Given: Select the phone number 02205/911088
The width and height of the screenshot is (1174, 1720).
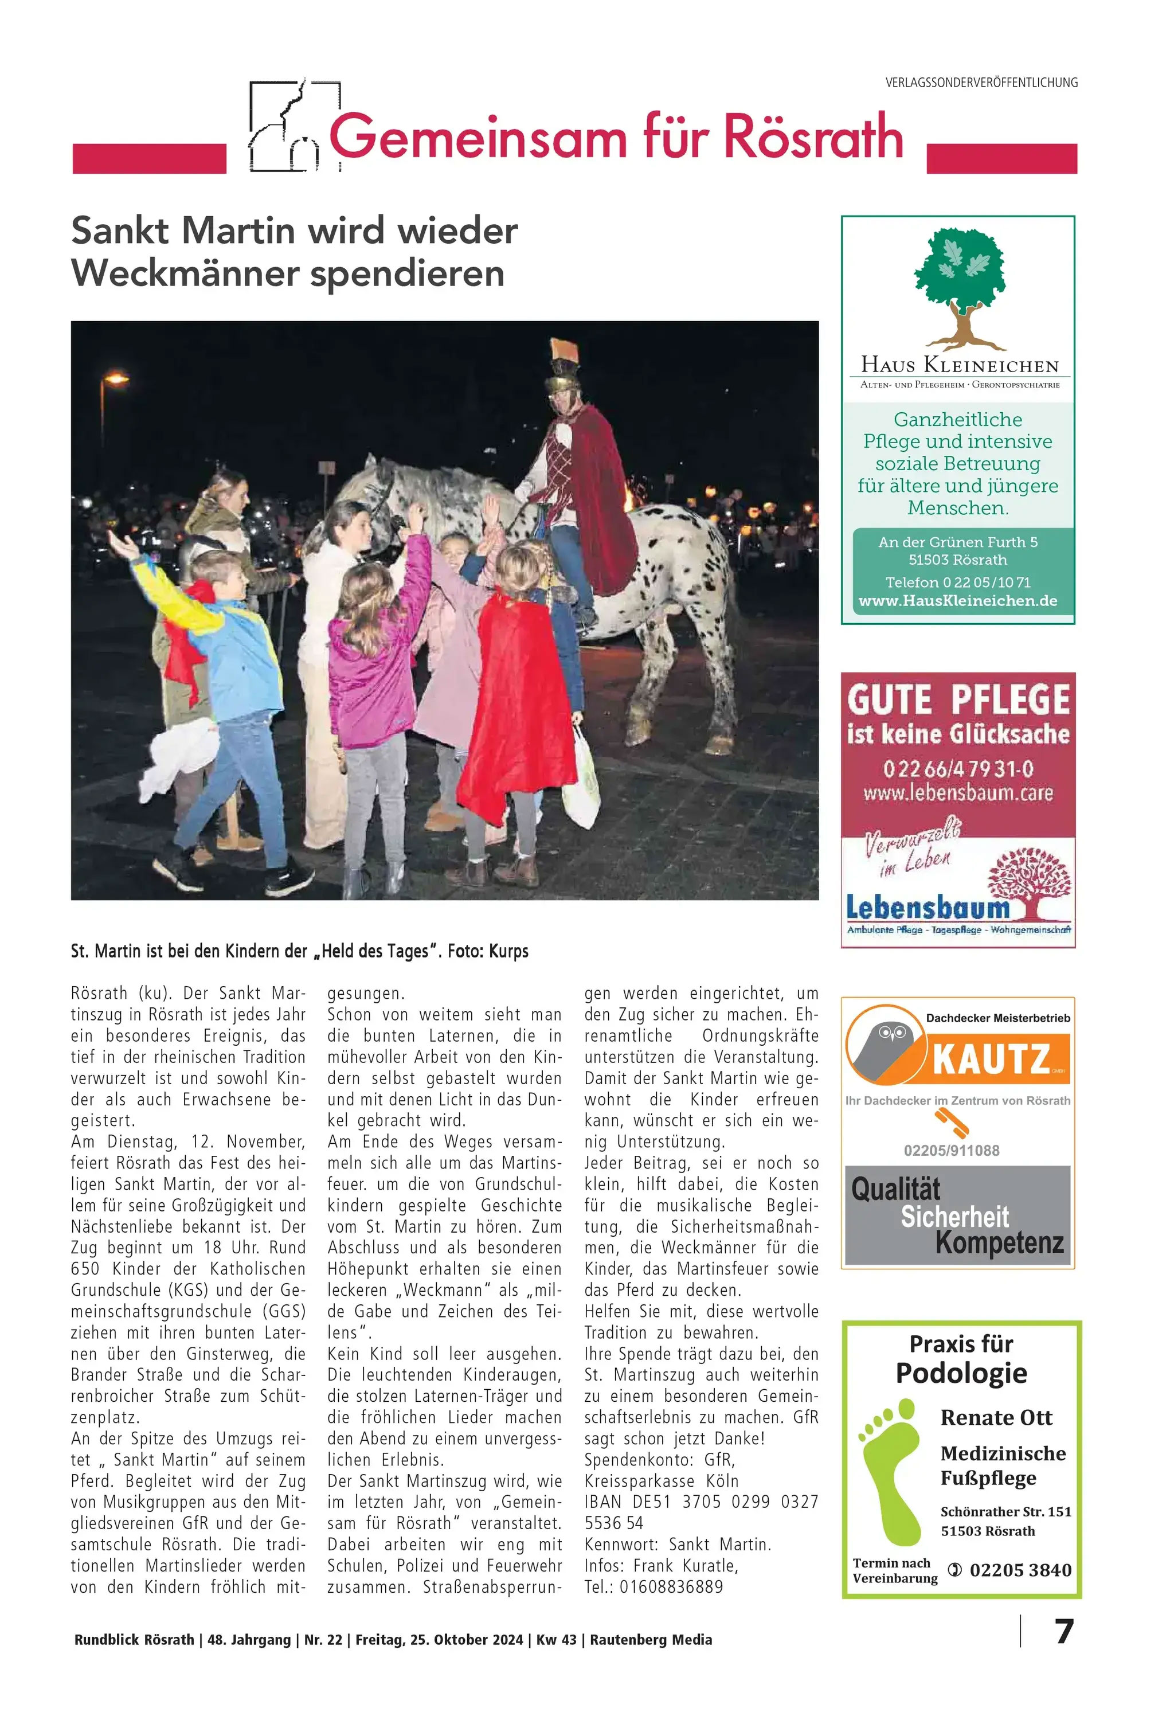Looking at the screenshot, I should (x=952, y=1150).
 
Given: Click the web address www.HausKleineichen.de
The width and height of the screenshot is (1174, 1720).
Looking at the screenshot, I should (x=958, y=601).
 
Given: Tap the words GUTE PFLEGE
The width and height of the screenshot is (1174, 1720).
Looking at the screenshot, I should (x=958, y=699).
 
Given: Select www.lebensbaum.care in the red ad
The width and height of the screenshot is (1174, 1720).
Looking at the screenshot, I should (x=958, y=793).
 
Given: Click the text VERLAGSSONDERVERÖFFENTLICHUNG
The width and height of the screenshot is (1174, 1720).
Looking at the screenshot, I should (x=981, y=83).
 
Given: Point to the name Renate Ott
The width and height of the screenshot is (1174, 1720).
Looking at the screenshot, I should (x=996, y=1417).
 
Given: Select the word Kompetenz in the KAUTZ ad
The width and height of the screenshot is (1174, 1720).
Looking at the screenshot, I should (x=999, y=1242).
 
